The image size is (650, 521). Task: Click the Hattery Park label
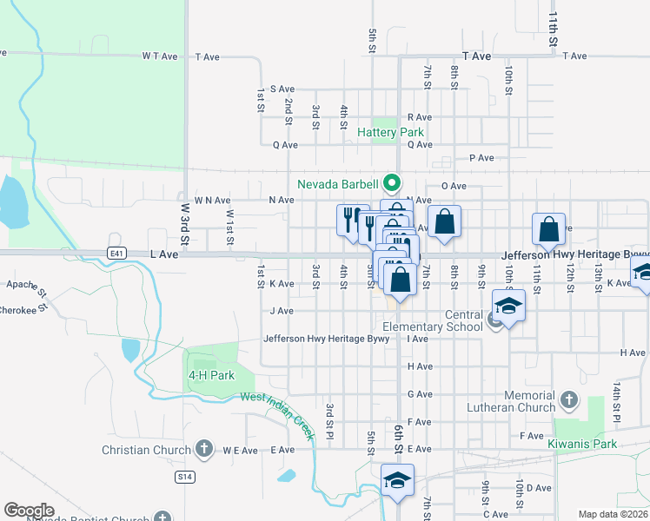click(x=390, y=133)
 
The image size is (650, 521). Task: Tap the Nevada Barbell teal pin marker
click(x=392, y=183)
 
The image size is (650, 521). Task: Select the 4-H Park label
click(x=212, y=375)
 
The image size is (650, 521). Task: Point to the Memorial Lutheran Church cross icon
click(x=568, y=399)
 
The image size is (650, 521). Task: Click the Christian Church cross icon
click(x=203, y=449)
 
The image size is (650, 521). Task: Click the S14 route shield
click(x=183, y=477)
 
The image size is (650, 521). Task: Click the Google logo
click(x=29, y=511)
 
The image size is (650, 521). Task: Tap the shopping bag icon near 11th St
click(x=549, y=229)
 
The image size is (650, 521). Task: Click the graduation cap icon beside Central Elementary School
click(x=508, y=306)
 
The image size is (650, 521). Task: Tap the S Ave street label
click(x=283, y=89)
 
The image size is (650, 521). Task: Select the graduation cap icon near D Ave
click(x=397, y=480)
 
